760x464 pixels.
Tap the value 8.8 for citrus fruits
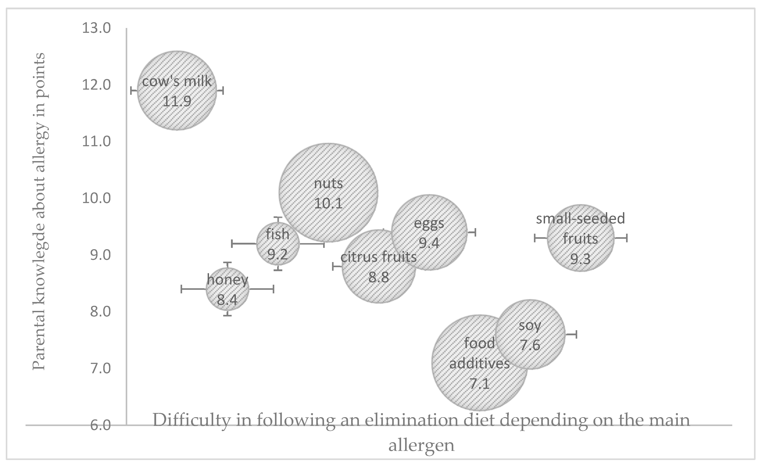coord(378,277)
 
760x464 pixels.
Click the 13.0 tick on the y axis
coord(96,28)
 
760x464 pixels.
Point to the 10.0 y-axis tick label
coord(96,198)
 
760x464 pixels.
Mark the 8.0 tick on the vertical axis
coord(100,312)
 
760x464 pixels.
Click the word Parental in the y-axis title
coord(39,342)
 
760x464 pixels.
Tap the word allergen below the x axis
coord(421,445)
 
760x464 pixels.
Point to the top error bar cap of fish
coord(278,217)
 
